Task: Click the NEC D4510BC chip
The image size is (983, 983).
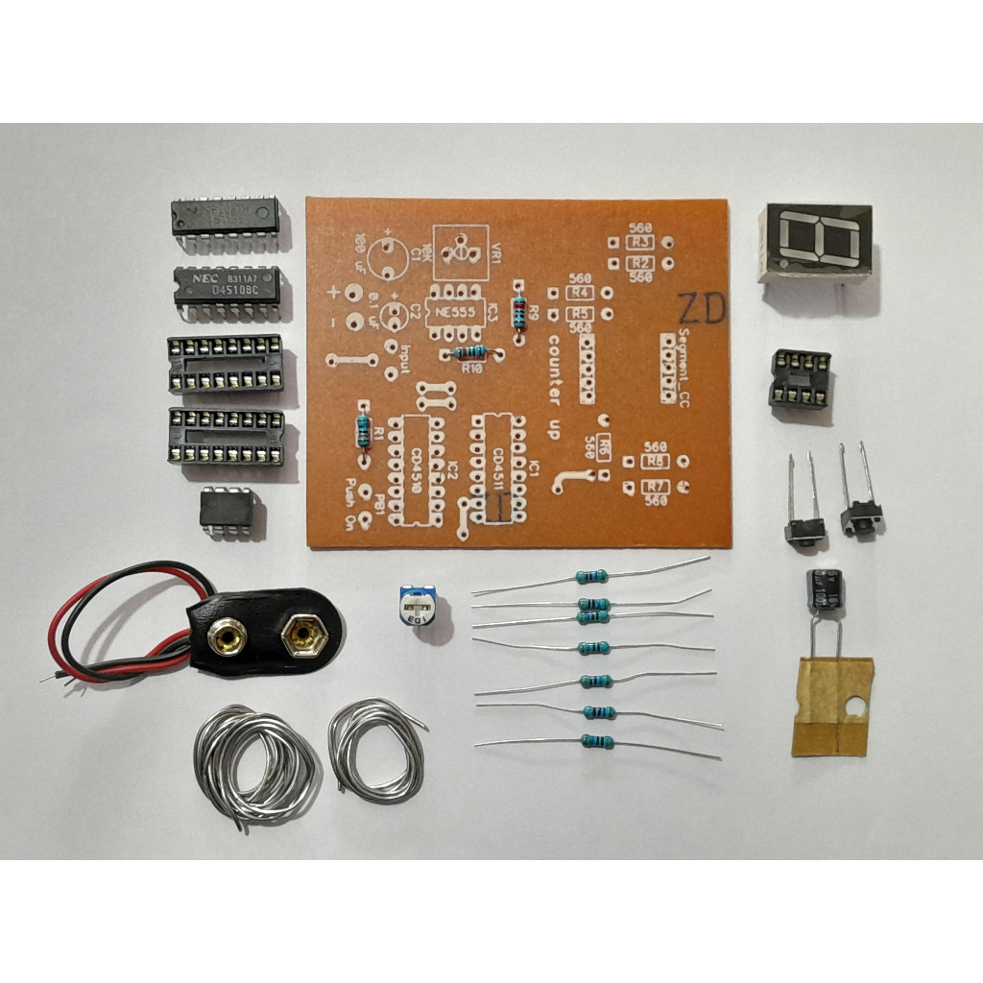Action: tap(227, 286)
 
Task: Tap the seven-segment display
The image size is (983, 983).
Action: tap(816, 240)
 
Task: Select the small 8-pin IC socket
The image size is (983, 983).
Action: tap(799, 377)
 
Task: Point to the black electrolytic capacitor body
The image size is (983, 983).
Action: tap(825, 591)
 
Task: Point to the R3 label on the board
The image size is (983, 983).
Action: tap(640, 241)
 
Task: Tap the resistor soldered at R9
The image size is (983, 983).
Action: tap(520, 307)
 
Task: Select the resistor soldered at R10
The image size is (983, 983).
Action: tap(470, 353)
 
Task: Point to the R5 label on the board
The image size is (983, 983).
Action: tap(579, 314)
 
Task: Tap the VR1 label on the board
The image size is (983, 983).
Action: tap(495, 253)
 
